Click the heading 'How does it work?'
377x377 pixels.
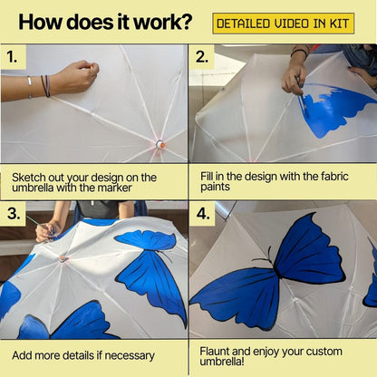(105, 22)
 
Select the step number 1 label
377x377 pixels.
(12, 58)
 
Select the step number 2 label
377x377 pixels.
(202, 58)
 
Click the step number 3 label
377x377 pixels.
(12, 215)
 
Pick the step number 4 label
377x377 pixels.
(202, 215)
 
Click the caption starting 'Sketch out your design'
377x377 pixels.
(83, 182)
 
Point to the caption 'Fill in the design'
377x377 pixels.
(267, 182)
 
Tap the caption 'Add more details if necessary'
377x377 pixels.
(82, 355)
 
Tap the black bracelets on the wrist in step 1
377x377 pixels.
(44, 86)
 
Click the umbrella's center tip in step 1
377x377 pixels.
(160, 144)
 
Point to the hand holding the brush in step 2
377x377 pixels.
(294, 73)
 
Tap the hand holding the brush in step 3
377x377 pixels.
(47, 229)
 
